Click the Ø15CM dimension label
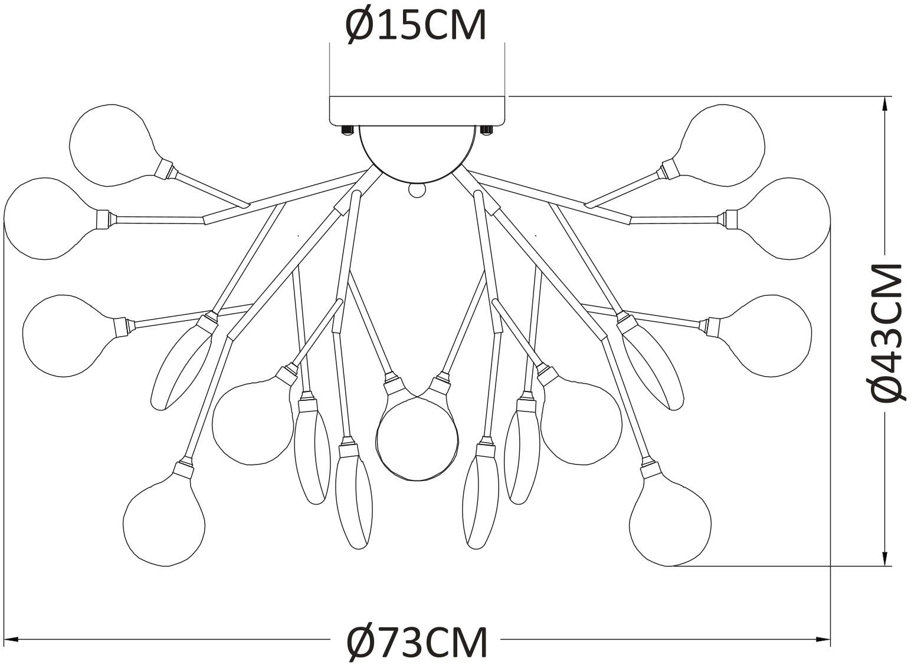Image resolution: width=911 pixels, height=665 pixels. click(416, 25)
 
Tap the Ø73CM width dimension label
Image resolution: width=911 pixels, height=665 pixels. click(417, 642)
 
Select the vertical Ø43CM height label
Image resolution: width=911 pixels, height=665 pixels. click(887, 333)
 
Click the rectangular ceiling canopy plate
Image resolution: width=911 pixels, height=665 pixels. click(417, 110)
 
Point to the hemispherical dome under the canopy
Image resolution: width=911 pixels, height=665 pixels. click(417, 153)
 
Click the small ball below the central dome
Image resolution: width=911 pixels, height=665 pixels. click(417, 190)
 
